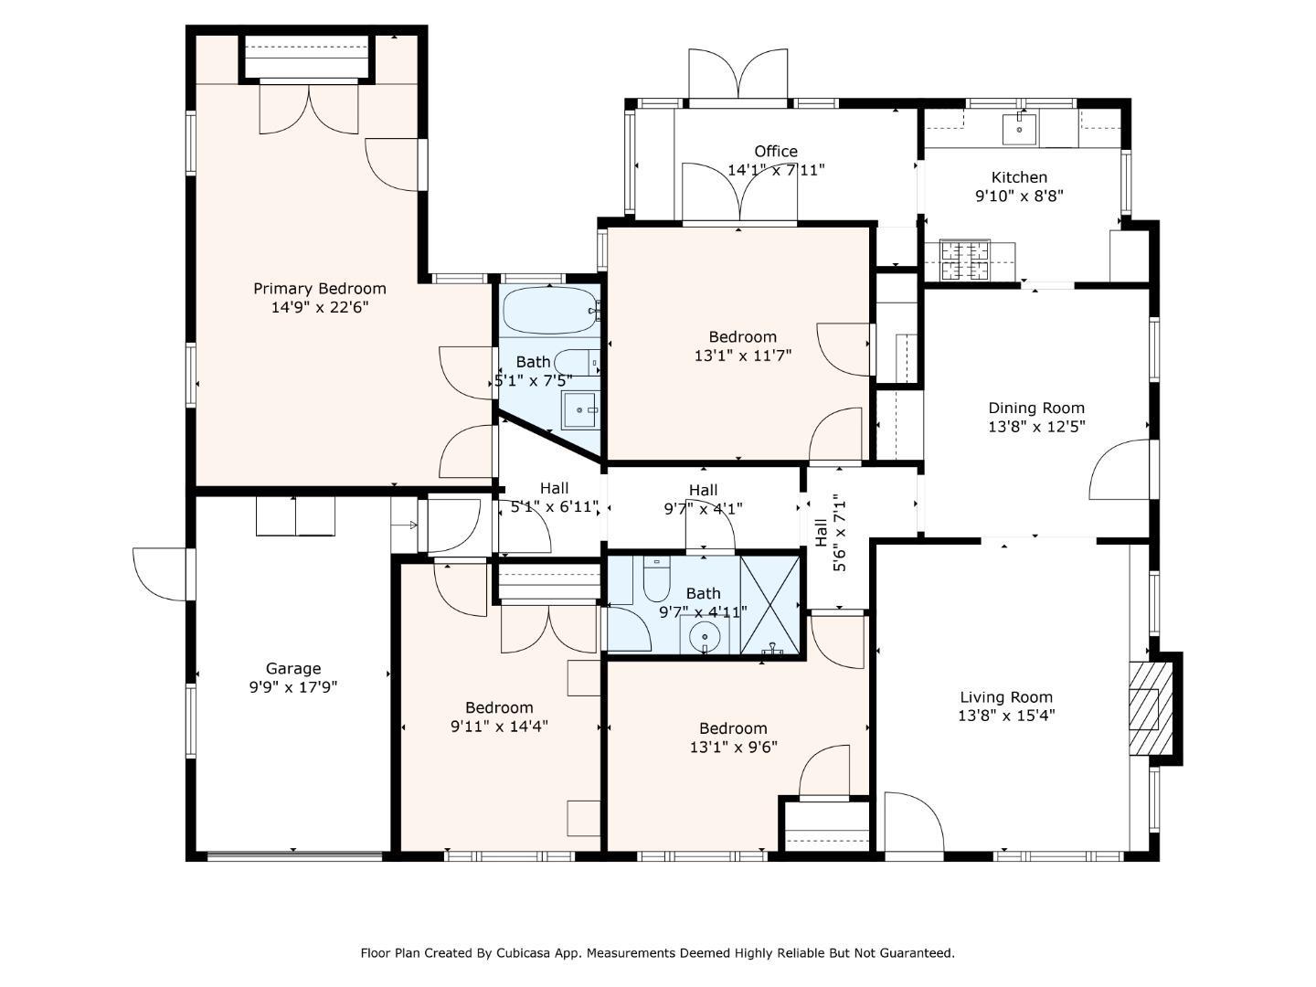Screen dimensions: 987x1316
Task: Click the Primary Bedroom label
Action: click(319, 289)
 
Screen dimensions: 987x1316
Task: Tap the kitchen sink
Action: click(1019, 130)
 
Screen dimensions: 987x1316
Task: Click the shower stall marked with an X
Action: click(769, 604)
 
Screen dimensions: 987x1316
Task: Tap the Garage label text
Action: click(293, 669)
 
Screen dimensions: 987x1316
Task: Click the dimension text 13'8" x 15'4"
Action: click(1006, 716)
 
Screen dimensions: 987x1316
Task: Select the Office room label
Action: click(775, 152)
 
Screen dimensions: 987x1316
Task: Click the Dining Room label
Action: click(1036, 409)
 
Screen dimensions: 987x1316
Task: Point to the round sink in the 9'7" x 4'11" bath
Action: click(705, 636)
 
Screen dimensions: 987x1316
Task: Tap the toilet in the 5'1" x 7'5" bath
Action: click(576, 363)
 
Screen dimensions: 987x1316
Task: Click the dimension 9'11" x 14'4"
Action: click(499, 727)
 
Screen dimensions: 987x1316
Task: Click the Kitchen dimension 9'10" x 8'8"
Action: click(1019, 196)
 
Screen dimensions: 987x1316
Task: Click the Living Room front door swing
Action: click(913, 824)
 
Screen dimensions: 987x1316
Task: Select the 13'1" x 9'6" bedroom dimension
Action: click(733, 747)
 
